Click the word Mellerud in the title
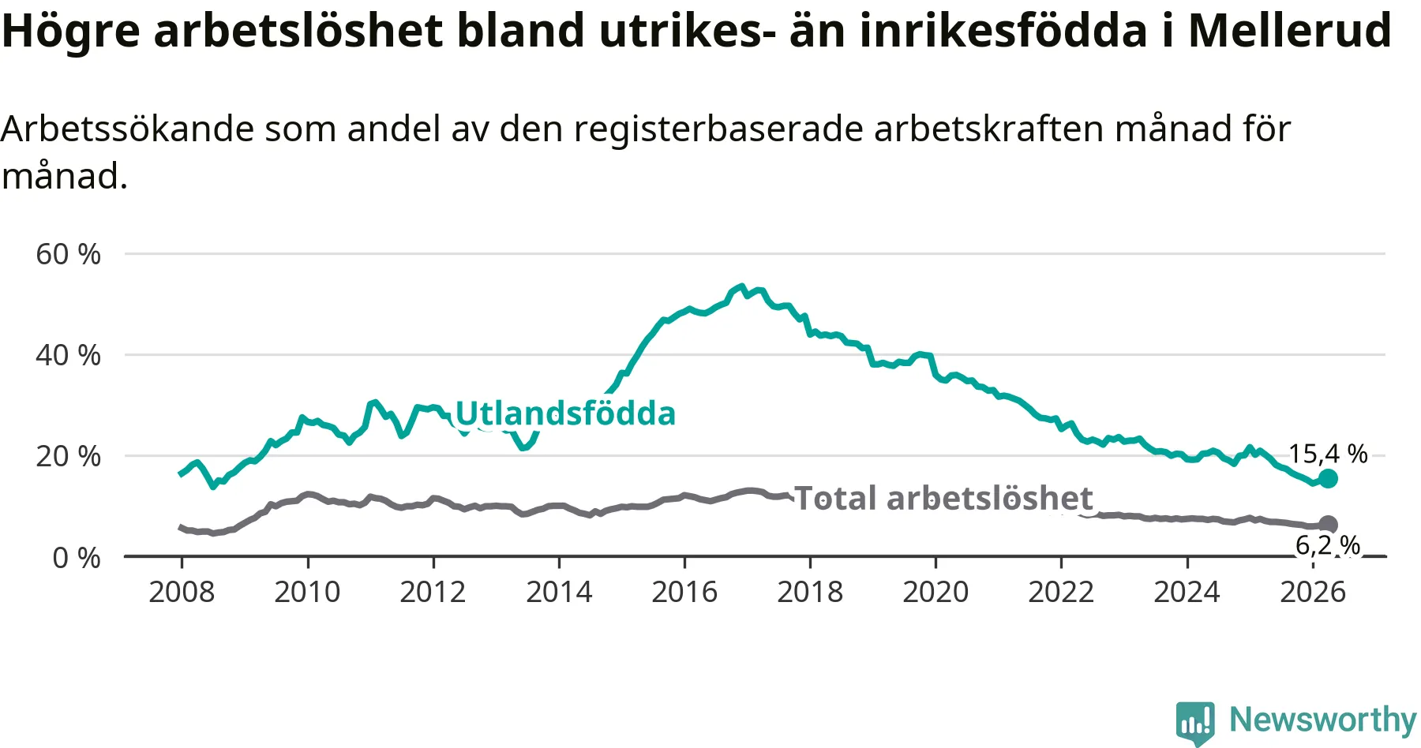click(x=1289, y=31)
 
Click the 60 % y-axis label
click(x=69, y=254)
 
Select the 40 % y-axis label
click(x=69, y=355)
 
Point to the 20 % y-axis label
click(x=69, y=456)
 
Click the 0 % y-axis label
click(x=77, y=558)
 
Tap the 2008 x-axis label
click(x=182, y=592)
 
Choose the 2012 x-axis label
click(x=433, y=592)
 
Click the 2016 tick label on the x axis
click(x=684, y=592)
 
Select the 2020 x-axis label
click(x=935, y=592)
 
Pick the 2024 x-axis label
click(x=1187, y=592)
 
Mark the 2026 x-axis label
click(x=1312, y=592)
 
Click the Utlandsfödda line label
click(x=565, y=413)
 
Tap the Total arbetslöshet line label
click(x=943, y=499)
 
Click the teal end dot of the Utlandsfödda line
click(x=1329, y=478)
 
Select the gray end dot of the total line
click(x=1329, y=525)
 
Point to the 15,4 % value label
click(x=1328, y=454)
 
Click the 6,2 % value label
click(x=1328, y=545)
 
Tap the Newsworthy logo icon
click(x=1195, y=722)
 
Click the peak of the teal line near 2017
click(x=740, y=286)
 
